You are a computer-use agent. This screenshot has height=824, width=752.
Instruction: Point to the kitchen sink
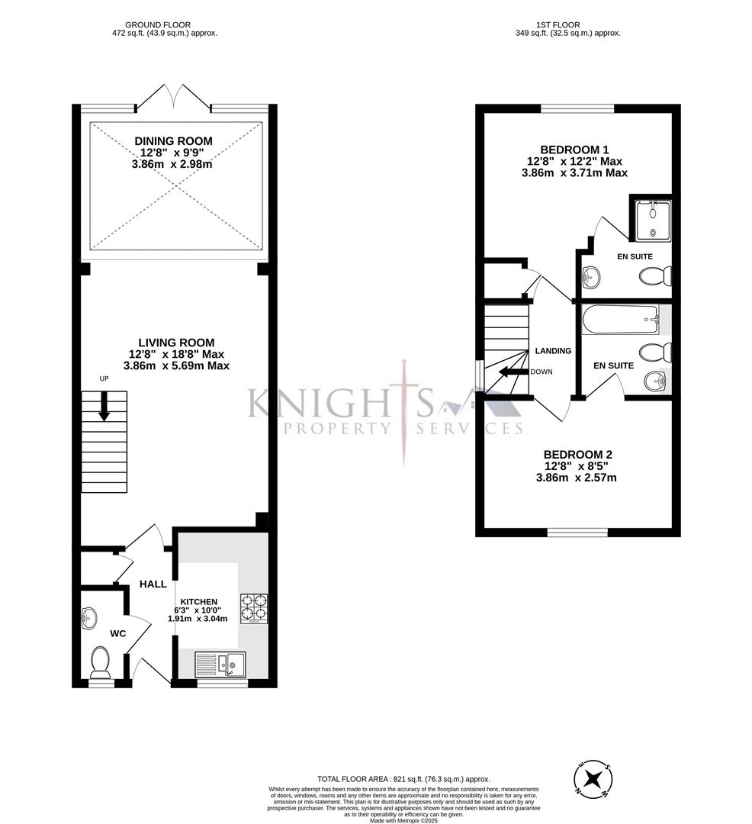(220, 664)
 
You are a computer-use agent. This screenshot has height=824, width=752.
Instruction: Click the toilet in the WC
(101, 661)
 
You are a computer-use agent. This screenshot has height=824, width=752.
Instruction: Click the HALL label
(153, 584)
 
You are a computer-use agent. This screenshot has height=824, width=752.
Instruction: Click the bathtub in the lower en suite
(620, 320)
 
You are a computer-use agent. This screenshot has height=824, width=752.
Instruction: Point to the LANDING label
(553, 351)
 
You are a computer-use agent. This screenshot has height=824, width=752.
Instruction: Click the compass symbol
(593, 780)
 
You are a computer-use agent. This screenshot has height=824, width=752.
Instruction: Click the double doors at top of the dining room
(175, 95)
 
